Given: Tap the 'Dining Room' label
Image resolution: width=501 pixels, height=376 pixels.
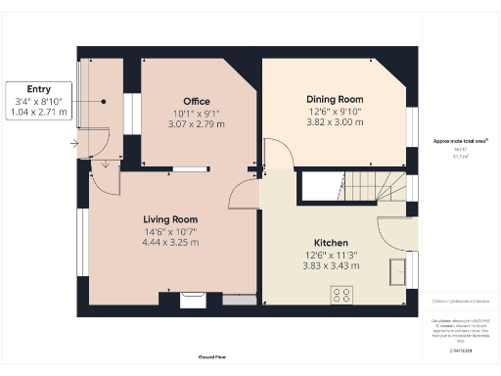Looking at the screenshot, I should [335, 99].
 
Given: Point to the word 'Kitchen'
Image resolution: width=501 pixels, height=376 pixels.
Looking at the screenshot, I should [333, 242].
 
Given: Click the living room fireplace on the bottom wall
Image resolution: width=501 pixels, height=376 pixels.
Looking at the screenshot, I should [192, 299].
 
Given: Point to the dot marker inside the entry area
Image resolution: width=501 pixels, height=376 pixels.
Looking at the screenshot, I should [104, 101].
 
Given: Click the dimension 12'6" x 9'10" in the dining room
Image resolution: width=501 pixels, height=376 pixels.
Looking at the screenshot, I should [335, 111].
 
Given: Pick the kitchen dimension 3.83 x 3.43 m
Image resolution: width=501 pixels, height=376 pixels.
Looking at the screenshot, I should [333, 265].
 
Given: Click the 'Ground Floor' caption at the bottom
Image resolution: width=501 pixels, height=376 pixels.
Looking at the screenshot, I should [213, 357].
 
